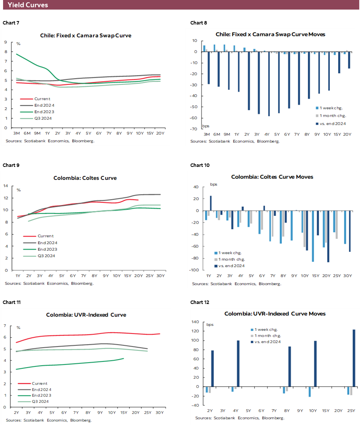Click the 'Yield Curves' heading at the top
pyautogui.click(x=28, y=5)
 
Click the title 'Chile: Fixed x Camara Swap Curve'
pyautogui.click(x=86, y=35)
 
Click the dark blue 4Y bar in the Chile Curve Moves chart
pyautogui.click(x=269, y=84)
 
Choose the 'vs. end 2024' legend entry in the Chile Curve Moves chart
pyautogui.click(x=332, y=123)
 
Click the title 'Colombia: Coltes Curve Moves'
pyautogui.click(x=272, y=177)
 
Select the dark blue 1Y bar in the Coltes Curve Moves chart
pyautogui.click(x=211, y=203)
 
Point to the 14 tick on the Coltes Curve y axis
pyautogui.click(x=6, y=186)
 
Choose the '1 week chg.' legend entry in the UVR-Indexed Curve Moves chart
pyautogui.click(x=266, y=330)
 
